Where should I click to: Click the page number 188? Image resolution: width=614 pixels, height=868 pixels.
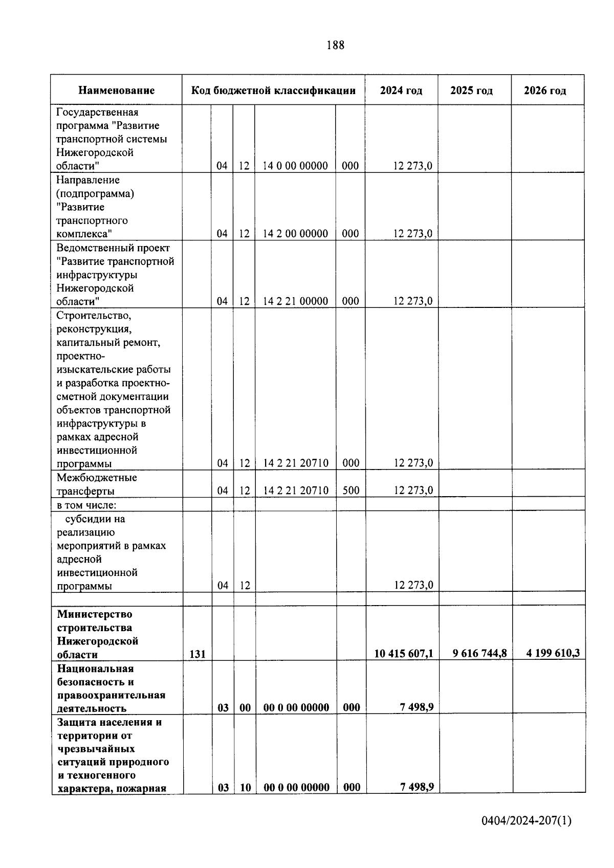tap(335, 45)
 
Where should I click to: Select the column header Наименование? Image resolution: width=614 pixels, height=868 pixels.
tap(116, 91)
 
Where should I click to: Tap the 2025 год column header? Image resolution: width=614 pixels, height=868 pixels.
tap(471, 91)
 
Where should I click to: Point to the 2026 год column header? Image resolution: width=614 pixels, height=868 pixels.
tap(545, 91)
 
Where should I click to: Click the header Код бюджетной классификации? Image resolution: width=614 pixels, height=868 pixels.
tap(273, 91)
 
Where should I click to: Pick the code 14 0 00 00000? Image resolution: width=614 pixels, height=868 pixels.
tap(295, 166)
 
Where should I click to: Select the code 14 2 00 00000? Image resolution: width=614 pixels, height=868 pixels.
tap(295, 233)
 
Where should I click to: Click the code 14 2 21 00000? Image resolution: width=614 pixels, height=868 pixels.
tap(295, 301)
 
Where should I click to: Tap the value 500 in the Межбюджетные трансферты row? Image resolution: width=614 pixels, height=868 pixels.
tap(350, 490)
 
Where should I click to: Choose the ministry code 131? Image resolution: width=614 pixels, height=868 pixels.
tap(198, 654)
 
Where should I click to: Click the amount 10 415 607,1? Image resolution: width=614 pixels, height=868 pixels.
tap(403, 653)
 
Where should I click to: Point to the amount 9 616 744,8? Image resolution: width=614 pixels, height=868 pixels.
tap(479, 653)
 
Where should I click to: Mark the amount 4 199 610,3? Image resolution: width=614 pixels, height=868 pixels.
tap(553, 653)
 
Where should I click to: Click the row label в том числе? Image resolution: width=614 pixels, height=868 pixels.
tap(86, 505)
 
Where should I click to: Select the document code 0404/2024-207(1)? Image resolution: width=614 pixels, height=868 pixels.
tap(526, 821)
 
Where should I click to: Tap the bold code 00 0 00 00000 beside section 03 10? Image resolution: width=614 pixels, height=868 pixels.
tap(296, 787)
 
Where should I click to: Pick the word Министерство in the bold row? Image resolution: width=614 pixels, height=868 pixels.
tap(95, 614)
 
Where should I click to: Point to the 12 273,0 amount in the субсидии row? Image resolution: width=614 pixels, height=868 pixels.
tap(413, 585)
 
